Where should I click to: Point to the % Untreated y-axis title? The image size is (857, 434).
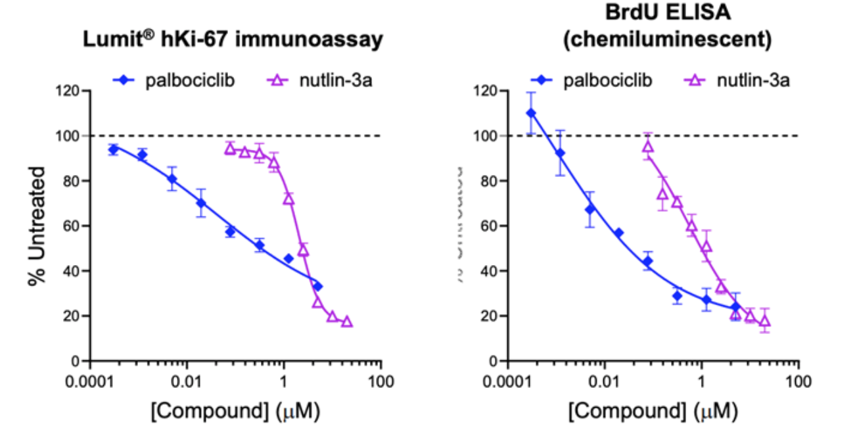[x=37, y=226]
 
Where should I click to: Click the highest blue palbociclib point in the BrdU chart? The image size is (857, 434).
[x=531, y=113]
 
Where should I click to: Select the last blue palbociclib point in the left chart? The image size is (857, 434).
[x=317, y=286]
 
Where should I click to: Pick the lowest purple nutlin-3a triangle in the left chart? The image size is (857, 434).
[x=347, y=322]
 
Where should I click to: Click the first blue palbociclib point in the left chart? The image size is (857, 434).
[x=113, y=149]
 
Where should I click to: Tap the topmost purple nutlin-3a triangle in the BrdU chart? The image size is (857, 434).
[x=648, y=146]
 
